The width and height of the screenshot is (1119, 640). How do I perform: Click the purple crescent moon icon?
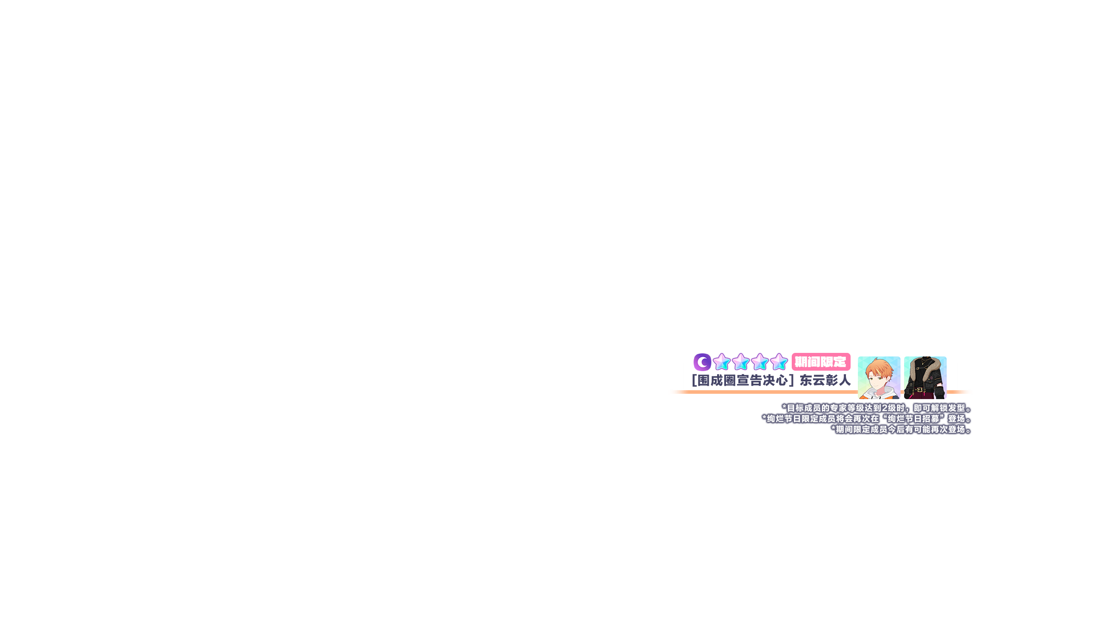(702, 362)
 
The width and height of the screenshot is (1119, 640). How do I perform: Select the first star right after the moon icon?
(722, 362)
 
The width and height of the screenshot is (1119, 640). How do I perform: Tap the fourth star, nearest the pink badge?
(779, 362)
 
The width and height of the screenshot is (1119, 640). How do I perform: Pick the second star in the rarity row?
(741, 362)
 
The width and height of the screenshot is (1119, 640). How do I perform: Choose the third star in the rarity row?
(760, 362)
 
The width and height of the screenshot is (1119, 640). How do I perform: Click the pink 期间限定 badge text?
(821, 362)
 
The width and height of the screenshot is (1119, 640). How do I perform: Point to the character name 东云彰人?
(825, 380)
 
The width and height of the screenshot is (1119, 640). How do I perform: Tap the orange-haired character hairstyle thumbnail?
(879, 378)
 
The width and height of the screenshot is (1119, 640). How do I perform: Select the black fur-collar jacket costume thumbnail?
(925, 378)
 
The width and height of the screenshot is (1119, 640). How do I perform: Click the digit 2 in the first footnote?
(885, 408)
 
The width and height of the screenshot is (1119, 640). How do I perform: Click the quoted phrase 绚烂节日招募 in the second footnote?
(913, 419)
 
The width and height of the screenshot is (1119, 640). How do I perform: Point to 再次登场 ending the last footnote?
(948, 429)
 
